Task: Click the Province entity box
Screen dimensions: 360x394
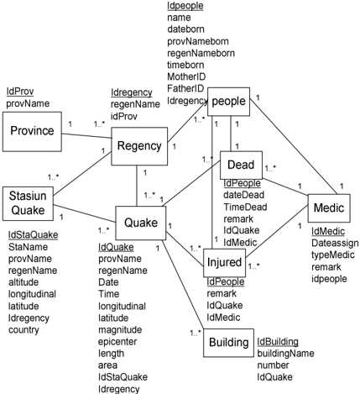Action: (x=32, y=132)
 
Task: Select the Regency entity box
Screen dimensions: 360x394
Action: (x=139, y=146)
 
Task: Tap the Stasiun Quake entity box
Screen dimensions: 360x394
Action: (x=28, y=203)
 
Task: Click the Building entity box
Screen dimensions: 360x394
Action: (x=229, y=343)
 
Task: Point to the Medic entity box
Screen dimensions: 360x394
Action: (x=329, y=208)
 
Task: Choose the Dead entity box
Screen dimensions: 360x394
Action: (x=241, y=165)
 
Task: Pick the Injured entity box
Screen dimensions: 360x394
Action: (x=224, y=263)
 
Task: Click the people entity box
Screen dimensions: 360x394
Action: (x=228, y=102)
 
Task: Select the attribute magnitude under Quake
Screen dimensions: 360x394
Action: (x=120, y=330)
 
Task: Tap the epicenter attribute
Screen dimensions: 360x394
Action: (x=117, y=342)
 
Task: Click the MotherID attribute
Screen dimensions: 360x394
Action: (x=186, y=76)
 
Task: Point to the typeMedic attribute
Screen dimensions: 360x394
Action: (x=333, y=255)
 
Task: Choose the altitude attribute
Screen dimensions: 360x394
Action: (x=23, y=282)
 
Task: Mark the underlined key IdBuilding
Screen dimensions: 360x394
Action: (x=278, y=342)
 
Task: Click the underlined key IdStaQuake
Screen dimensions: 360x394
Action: (x=33, y=234)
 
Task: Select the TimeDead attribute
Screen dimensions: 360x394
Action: (x=245, y=207)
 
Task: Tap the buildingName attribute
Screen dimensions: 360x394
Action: (x=285, y=354)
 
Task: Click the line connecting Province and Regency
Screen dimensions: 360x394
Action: (x=86, y=136)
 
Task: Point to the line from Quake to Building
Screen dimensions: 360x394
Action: (x=183, y=284)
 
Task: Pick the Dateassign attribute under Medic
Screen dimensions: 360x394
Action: (x=335, y=243)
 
